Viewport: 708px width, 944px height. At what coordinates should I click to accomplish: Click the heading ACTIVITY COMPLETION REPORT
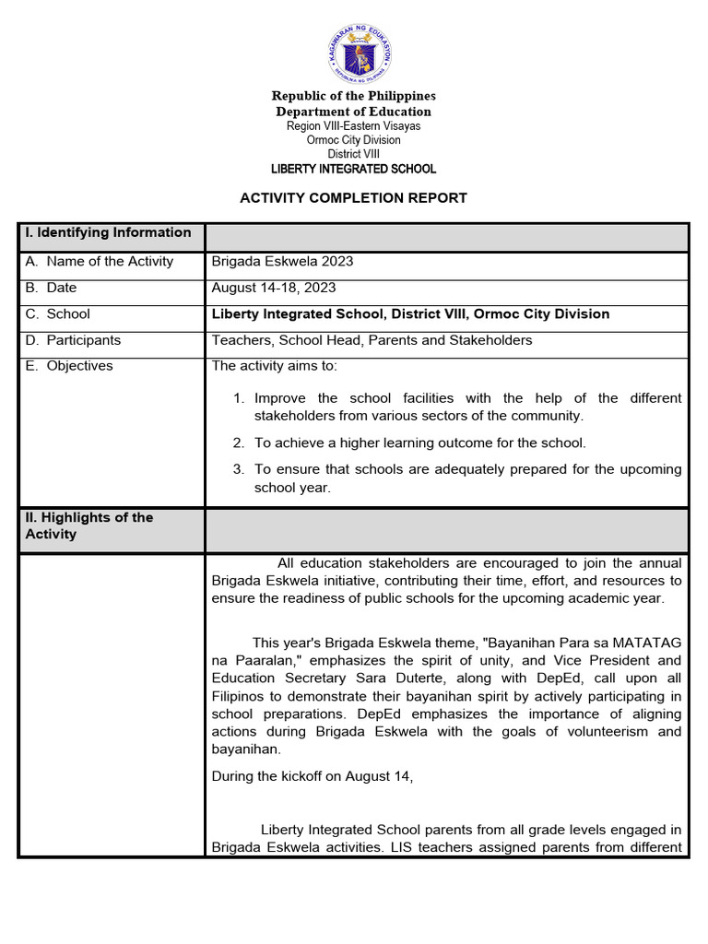[353, 198]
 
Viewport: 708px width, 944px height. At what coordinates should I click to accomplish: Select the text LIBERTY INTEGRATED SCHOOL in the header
[353, 169]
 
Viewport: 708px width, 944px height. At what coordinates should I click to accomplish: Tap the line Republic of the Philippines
[353, 96]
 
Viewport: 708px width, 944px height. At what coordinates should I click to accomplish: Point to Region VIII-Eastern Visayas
[353, 125]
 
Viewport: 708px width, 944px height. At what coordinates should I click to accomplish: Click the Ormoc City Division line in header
[353, 140]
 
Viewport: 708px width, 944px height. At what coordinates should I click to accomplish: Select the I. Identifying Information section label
[108, 233]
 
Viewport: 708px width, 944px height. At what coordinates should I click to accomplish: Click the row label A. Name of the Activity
[100, 262]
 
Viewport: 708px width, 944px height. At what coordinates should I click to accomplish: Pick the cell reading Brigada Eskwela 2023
[282, 262]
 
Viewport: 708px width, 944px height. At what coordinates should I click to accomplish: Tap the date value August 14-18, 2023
[274, 288]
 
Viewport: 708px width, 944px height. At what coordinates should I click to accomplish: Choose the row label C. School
[58, 314]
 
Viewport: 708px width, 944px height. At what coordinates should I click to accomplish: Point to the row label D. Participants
[73, 340]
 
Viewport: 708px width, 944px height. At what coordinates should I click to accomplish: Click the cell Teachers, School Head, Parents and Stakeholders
[372, 340]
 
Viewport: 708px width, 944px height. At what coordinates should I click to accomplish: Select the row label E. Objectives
[69, 366]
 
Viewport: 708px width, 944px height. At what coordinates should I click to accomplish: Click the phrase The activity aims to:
[275, 366]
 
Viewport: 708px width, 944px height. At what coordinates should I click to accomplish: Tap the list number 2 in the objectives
[238, 443]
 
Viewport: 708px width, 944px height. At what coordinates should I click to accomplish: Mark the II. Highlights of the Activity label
[88, 525]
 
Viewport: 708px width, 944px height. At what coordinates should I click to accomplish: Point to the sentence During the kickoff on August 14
[313, 776]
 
